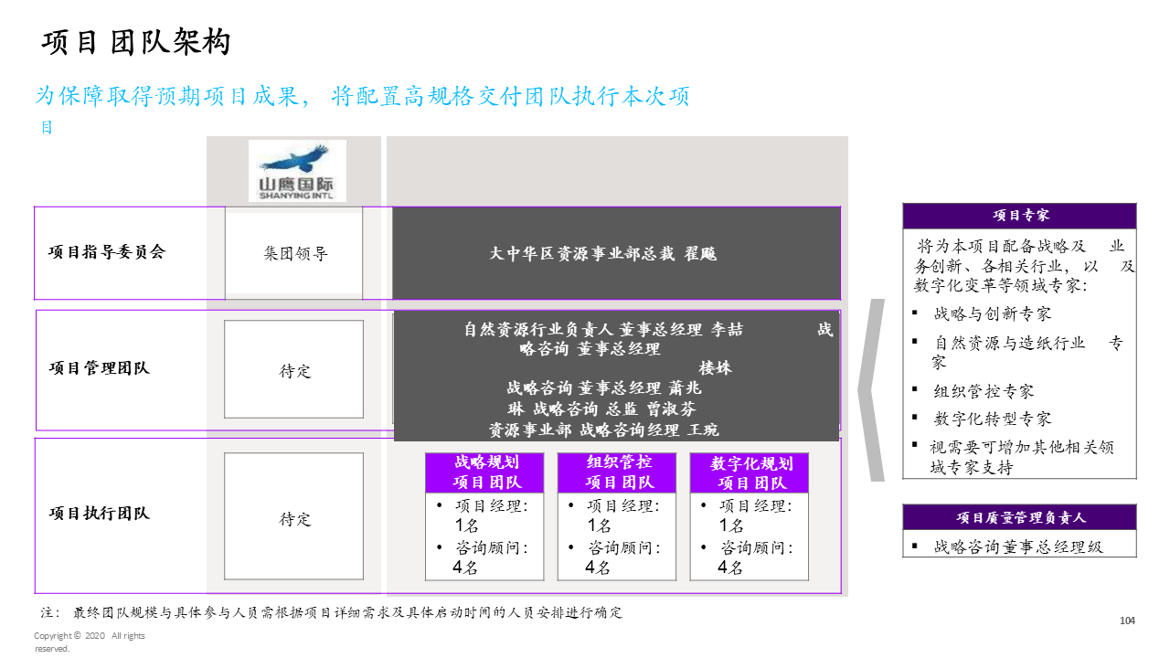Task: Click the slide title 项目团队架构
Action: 137,43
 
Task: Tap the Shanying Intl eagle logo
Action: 297,170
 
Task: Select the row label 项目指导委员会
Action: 107,253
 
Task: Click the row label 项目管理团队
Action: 99,368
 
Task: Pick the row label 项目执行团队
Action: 99,514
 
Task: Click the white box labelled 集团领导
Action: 294,254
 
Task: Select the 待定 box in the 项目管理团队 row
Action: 294,370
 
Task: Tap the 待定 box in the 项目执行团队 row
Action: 294,518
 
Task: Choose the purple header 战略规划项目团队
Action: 484,472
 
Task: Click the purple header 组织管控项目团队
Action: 618,472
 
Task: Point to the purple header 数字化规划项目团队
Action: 750,472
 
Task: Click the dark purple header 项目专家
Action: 1020,216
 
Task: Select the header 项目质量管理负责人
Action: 1020,517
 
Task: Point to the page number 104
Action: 1127,621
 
